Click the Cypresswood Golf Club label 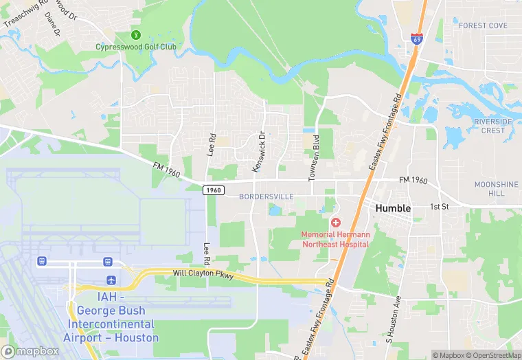coord(135,47)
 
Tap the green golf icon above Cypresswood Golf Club coord(135,34)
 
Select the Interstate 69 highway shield coord(418,39)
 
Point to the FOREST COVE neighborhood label coord(483,26)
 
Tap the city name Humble coord(393,208)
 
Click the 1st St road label coord(439,207)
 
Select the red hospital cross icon coord(336,223)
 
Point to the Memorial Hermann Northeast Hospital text coord(336,238)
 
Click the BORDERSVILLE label coord(266,197)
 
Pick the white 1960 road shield coord(214,190)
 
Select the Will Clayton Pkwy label coord(204,276)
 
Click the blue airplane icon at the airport coord(111,280)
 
